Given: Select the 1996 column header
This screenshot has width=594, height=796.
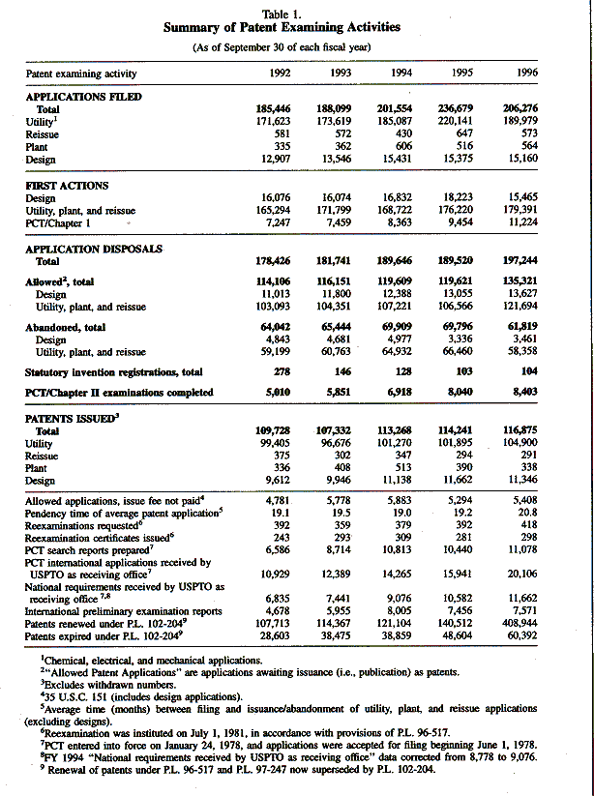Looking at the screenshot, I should pyautogui.click(x=528, y=73).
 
